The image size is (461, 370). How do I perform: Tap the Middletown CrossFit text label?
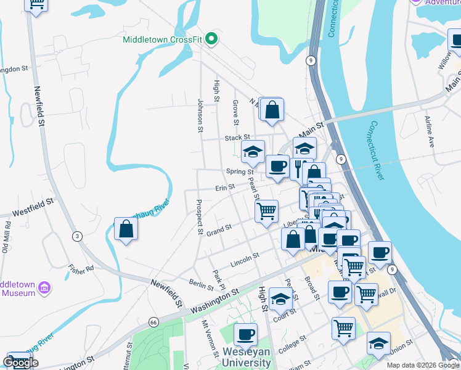163,40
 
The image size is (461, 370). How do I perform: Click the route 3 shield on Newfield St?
77,236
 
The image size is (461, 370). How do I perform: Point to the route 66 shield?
153,321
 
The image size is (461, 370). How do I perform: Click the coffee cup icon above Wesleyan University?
245,335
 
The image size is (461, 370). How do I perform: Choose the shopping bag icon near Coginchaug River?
126,229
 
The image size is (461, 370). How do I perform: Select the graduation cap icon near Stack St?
253,151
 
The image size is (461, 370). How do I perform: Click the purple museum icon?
44,287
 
